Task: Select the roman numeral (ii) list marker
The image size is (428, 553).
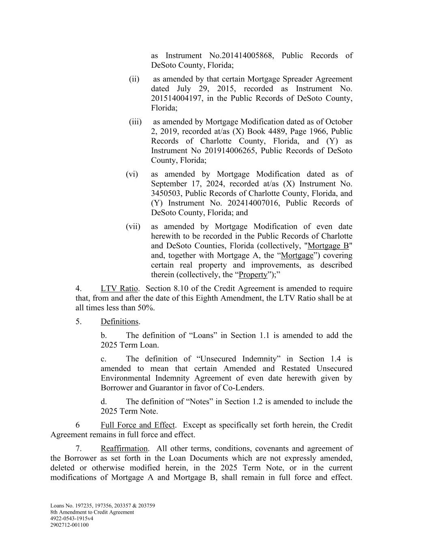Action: pyautogui.click(x=134, y=79)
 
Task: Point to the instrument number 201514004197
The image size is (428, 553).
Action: pyautogui.click(x=176, y=98)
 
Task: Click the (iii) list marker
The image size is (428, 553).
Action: pyautogui.click(x=135, y=122)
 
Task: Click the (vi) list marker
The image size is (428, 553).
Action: pyautogui.click(x=132, y=174)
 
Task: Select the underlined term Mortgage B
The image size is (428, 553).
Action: pyautogui.click(x=328, y=246)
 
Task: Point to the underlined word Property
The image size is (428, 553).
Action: pyautogui.click(x=253, y=275)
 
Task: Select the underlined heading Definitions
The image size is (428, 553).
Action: pyautogui.click(x=120, y=322)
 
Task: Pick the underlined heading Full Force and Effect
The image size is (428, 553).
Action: pyautogui.click(x=138, y=425)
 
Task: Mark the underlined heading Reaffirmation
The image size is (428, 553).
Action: pyautogui.click(x=124, y=449)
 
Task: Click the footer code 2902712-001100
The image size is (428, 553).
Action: pyautogui.click(x=69, y=525)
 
